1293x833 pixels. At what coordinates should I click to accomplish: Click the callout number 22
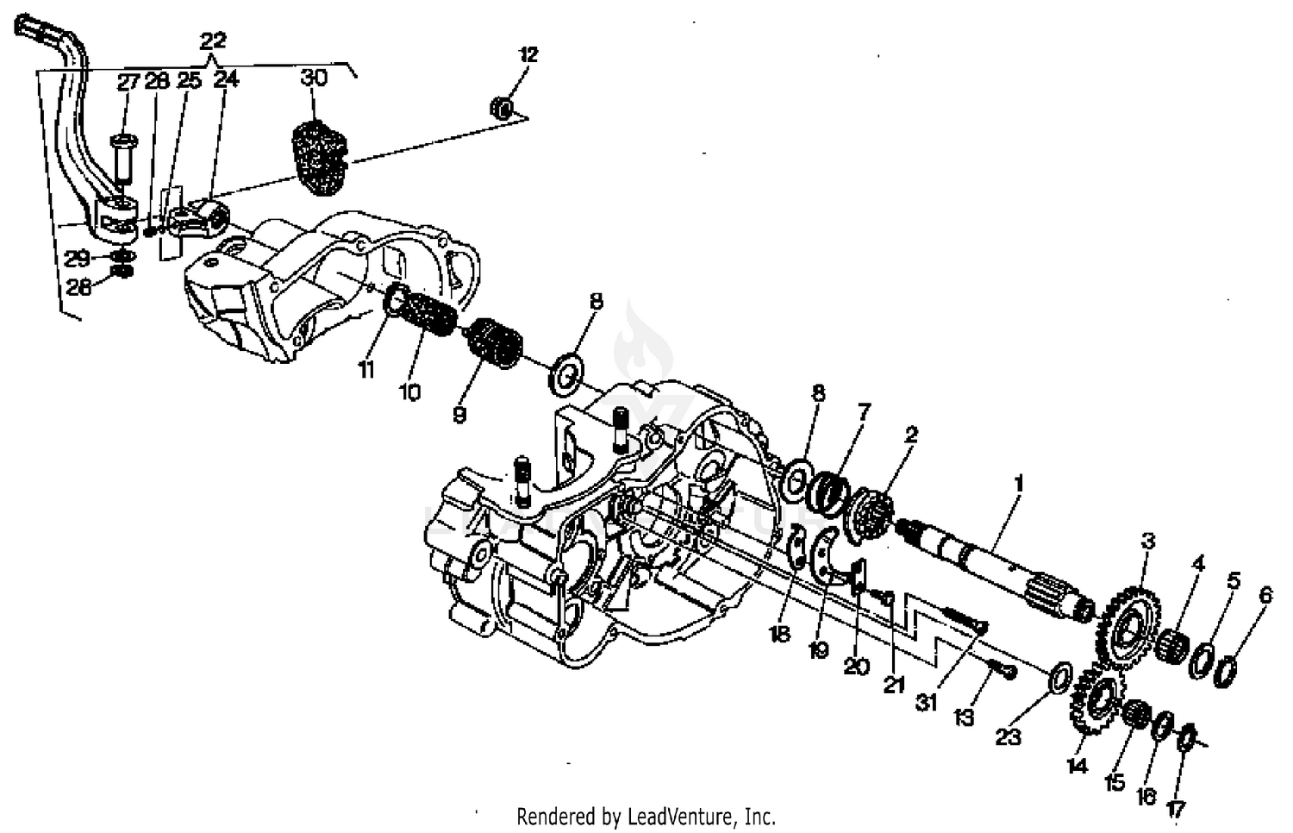[x=213, y=40]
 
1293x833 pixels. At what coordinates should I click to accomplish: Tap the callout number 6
[x=1265, y=595]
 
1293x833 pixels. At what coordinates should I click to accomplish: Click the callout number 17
[x=1176, y=809]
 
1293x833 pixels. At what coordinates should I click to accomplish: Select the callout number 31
[x=926, y=703]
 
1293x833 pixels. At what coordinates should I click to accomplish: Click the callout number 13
[x=964, y=717]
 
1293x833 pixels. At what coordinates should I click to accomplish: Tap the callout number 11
[x=366, y=371]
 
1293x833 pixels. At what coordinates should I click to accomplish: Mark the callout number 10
[x=410, y=392]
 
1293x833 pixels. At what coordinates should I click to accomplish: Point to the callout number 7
[x=864, y=412]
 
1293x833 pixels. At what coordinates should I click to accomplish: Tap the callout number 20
[x=856, y=667]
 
